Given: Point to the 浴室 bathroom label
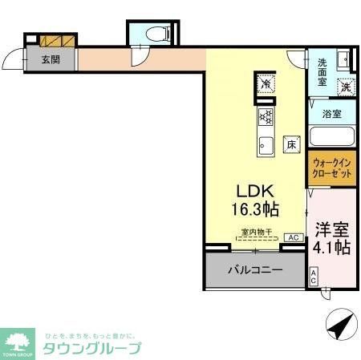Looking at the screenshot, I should [x=332, y=114].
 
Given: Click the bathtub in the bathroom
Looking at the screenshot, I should [x=331, y=136].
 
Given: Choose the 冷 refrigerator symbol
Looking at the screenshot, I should [x=266, y=82].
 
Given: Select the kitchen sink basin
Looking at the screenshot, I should [x=266, y=145].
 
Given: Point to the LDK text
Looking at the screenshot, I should [x=255, y=192].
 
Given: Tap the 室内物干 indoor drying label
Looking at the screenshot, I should [x=257, y=233].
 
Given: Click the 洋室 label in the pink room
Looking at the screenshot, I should [x=331, y=228].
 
